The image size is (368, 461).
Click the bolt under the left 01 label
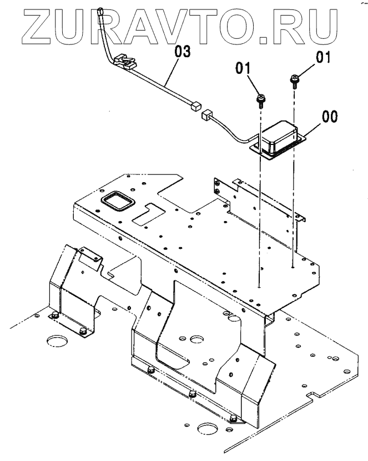point(260,101)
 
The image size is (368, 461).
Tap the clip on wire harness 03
point(125,61)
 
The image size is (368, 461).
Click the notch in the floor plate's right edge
point(313,394)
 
